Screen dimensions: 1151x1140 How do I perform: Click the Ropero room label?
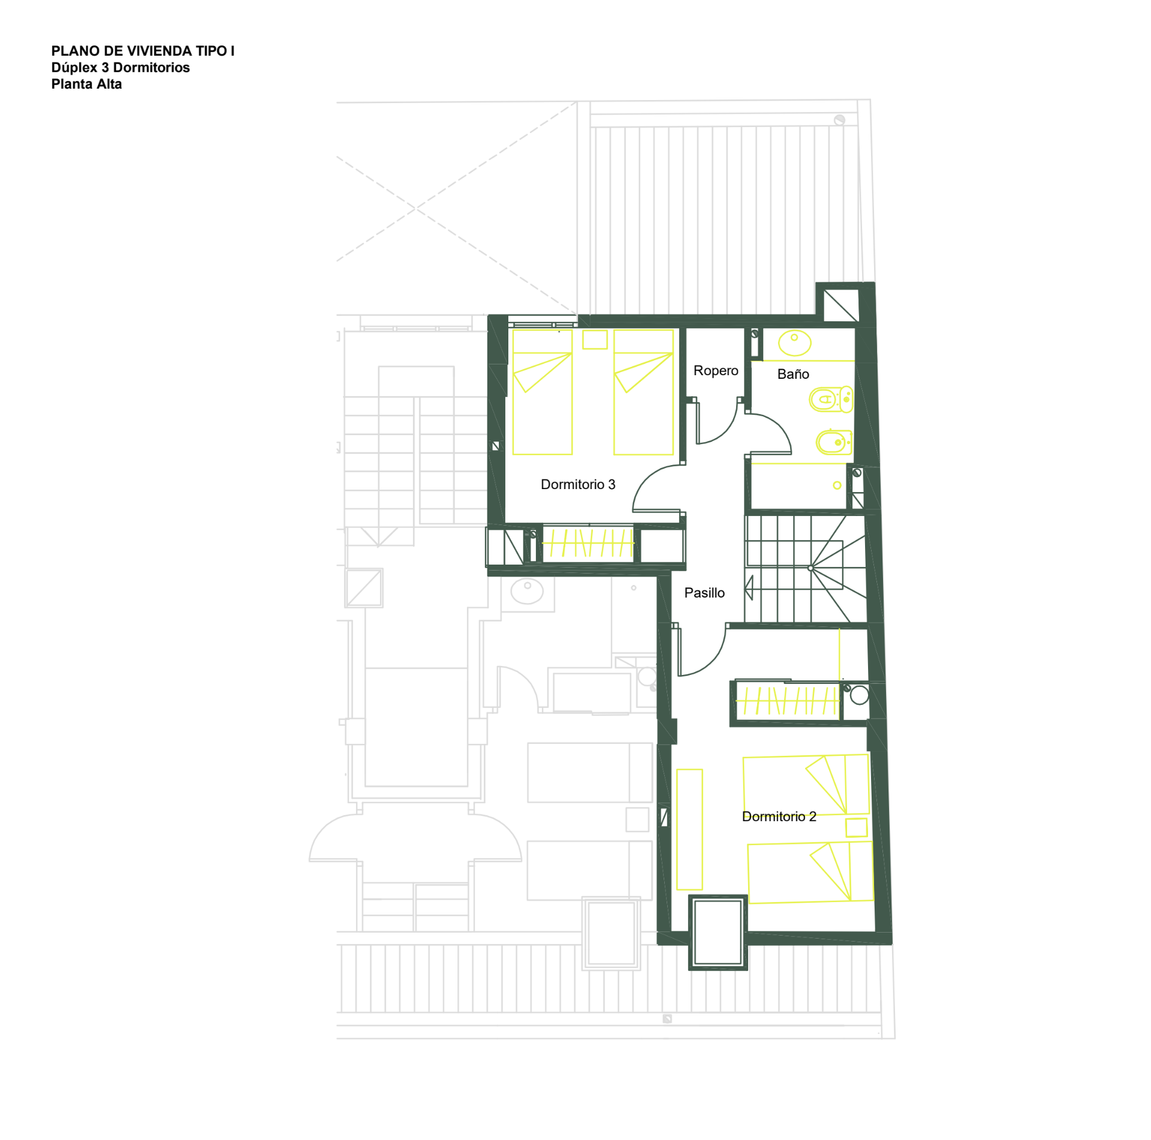716,370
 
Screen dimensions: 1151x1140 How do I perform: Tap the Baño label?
793,374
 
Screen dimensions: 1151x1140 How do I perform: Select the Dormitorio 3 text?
578,484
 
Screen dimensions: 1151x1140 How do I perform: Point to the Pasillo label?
704,593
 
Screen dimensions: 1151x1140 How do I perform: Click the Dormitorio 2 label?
779,816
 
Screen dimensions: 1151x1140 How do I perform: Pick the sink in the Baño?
794,343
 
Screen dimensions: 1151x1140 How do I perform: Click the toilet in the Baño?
831,399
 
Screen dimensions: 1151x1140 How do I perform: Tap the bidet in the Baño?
834,443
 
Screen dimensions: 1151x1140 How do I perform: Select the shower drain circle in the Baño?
837,485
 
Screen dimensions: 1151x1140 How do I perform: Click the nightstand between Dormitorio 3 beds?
595,339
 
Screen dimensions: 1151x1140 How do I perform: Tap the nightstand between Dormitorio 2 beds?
856,828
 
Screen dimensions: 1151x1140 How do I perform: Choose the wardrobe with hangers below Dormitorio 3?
587,543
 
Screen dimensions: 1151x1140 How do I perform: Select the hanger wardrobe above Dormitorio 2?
787,700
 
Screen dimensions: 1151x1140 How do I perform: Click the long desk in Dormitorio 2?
689,830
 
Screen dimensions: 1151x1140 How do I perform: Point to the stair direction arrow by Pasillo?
749,587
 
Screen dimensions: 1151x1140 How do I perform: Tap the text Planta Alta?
86,84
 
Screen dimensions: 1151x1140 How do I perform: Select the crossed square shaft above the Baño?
840,306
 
